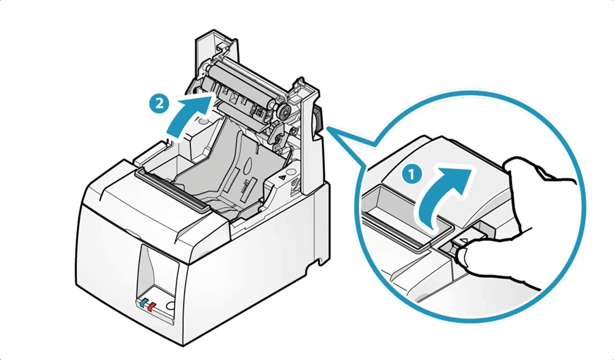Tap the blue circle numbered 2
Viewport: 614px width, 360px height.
[x=156, y=104]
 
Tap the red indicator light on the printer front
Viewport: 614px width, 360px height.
[x=152, y=306]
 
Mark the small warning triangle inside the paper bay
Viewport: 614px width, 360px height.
[x=283, y=175]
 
